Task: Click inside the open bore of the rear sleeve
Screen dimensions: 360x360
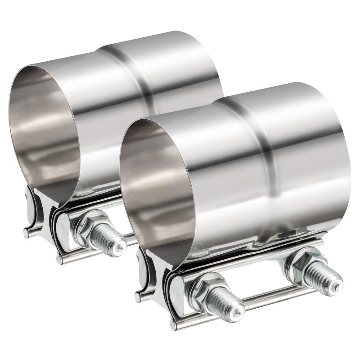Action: (45, 135)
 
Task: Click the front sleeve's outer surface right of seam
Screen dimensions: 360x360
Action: (310, 153)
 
